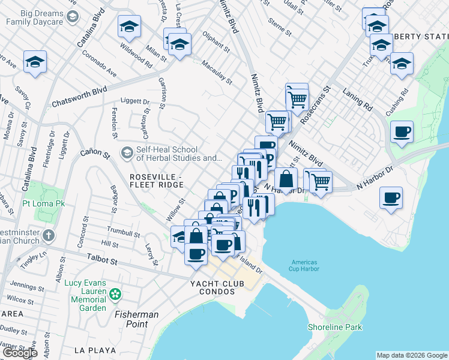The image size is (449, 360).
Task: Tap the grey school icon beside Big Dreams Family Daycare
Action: point(73,16)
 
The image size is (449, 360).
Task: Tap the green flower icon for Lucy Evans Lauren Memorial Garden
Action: point(115,294)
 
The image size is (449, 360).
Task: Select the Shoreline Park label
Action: point(335,327)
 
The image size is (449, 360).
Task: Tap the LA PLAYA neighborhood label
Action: point(90,349)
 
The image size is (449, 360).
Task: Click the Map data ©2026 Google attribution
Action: point(411,355)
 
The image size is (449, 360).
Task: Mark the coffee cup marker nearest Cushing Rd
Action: point(402,131)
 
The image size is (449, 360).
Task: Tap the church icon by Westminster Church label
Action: point(49,235)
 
